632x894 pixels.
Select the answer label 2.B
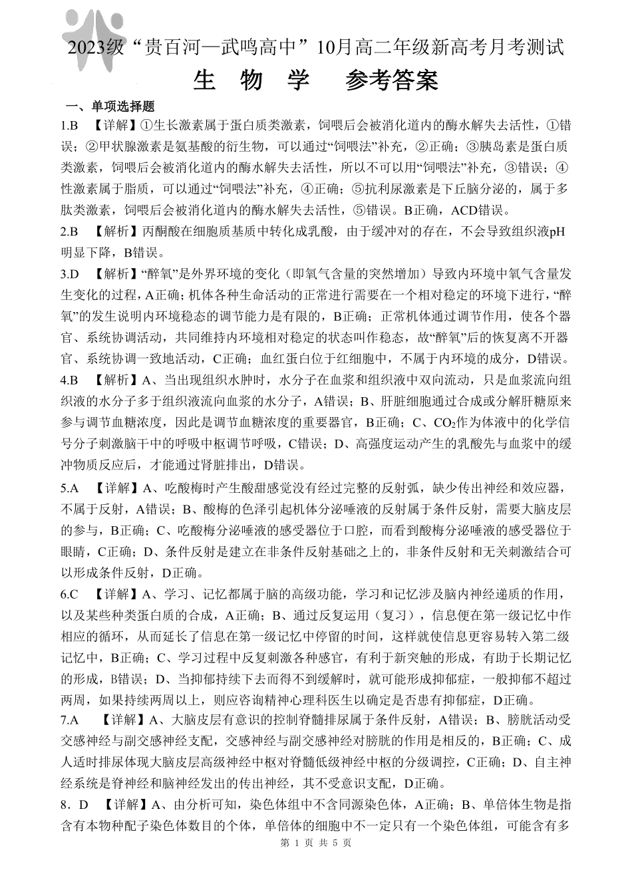(70, 231)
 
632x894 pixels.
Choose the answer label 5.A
(70, 489)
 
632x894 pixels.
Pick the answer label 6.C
(70, 593)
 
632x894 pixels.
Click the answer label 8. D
(74, 805)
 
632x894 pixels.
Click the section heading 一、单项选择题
(110, 106)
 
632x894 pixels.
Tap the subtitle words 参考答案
(392, 80)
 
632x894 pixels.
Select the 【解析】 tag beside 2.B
(110, 231)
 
